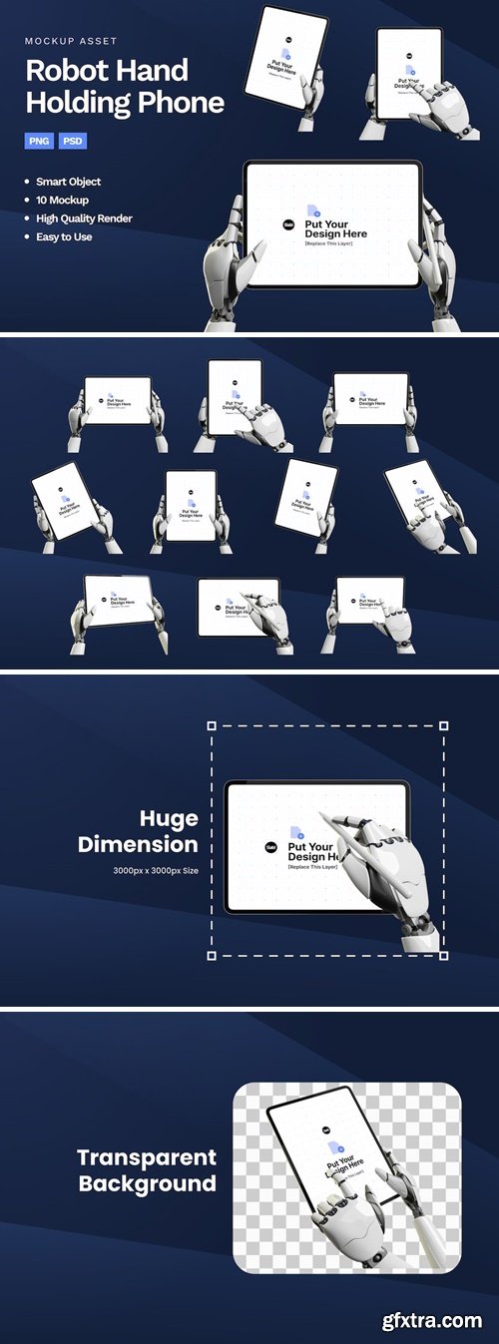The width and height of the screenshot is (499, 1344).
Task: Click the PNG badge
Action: click(39, 141)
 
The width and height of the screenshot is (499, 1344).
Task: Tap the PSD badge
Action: click(73, 141)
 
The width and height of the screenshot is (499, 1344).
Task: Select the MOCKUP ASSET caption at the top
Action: click(71, 41)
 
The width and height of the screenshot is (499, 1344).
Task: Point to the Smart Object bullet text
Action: click(68, 182)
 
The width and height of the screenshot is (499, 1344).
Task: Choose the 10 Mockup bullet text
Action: click(62, 200)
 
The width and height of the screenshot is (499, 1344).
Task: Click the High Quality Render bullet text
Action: click(84, 219)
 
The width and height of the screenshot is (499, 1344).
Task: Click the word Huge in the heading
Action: click(169, 819)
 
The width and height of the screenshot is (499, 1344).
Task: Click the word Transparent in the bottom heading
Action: click(147, 1157)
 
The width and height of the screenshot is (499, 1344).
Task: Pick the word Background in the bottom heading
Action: click(147, 1184)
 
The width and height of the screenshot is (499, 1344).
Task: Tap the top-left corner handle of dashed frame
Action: click(212, 726)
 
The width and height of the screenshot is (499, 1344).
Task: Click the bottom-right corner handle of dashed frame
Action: click(443, 955)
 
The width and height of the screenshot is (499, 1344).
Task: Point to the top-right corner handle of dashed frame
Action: click(443, 726)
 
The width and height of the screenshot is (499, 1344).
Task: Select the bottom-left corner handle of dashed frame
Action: click(212, 955)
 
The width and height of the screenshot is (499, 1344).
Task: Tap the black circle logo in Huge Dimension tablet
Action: click(270, 847)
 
